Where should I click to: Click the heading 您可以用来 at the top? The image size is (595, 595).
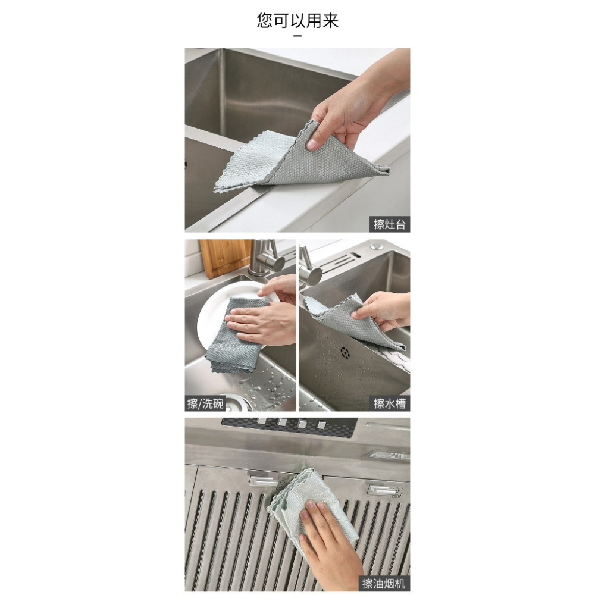pos(297,21)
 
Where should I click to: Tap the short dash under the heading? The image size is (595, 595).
pos(297,36)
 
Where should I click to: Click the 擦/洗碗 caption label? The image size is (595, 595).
pos(205,403)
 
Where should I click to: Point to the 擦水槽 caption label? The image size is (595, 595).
pos(390,403)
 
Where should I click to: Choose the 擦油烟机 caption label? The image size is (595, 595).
pos(384,583)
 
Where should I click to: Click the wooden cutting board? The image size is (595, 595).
pos(225,257)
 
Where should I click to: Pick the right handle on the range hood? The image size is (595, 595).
pos(384,489)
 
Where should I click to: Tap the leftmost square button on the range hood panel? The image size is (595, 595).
pos(263,424)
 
